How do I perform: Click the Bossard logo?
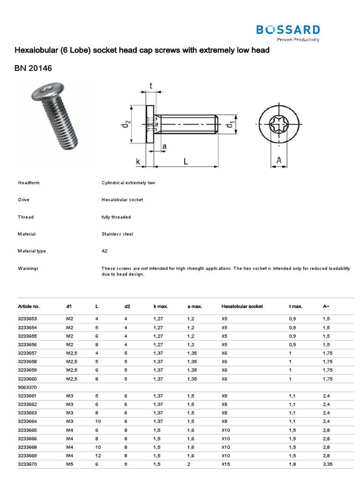(x=288, y=31)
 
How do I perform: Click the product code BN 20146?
(x=33, y=68)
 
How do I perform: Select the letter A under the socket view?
(x=279, y=161)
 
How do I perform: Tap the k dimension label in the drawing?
(x=138, y=162)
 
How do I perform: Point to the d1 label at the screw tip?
(x=230, y=125)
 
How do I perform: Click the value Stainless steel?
(x=117, y=234)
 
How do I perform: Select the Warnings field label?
(x=28, y=268)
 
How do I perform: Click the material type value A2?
(x=105, y=251)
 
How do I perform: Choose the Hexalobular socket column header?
(x=242, y=306)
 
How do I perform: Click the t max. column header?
(x=296, y=306)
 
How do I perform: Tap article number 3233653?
(x=28, y=318)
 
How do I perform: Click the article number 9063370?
(x=28, y=387)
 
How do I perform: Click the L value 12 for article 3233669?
(x=97, y=455)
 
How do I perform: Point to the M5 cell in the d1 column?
(x=70, y=464)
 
